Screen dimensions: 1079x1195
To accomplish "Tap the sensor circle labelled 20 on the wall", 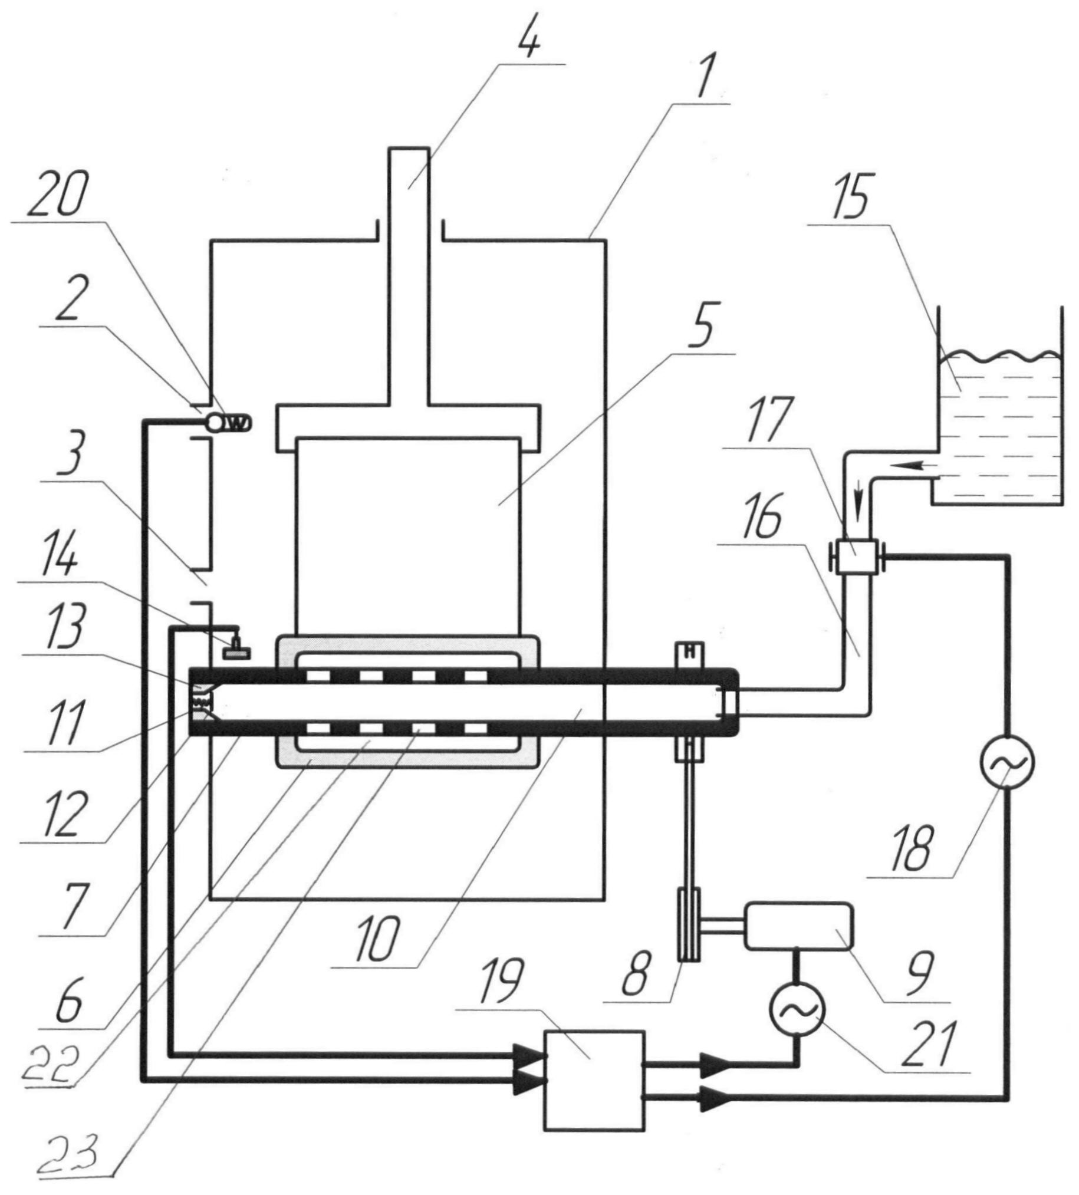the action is [x=214, y=422].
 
